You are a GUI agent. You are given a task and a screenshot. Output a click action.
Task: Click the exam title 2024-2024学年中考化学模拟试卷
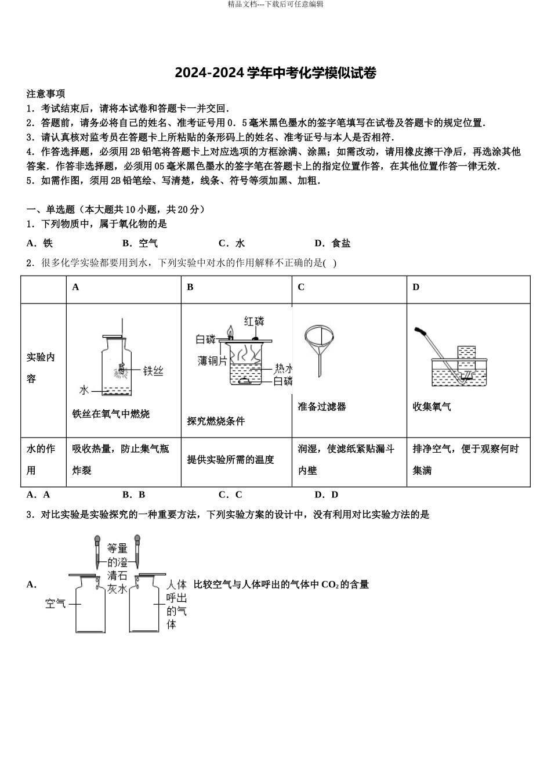(x=275, y=73)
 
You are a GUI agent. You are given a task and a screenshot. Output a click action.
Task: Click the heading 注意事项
(x=46, y=93)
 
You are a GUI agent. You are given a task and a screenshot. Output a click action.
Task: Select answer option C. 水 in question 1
(x=232, y=243)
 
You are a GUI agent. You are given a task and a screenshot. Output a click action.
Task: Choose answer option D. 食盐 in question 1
(x=332, y=243)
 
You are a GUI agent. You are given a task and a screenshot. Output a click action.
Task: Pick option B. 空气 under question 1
(x=140, y=243)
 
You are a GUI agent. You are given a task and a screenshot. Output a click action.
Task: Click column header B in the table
(x=190, y=287)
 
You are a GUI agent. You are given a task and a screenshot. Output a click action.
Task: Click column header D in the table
(x=416, y=287)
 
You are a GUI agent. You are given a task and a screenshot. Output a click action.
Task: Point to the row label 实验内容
(x=41, y=368)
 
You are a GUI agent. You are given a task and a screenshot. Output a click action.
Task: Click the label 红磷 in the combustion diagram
(x=253, y=321)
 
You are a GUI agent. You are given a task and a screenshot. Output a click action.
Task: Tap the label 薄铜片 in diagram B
(x=212, y=361)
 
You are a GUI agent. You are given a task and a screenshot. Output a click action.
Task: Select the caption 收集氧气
(x=432, y=407)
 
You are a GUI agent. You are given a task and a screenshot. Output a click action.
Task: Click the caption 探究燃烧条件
(x=216, y=421)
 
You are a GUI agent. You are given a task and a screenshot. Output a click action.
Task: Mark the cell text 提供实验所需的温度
(x=230, y=460)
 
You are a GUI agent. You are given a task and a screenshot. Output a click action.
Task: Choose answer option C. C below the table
(x=230, y=494)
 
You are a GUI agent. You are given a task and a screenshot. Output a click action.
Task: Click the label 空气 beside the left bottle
(x=56, y=604)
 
